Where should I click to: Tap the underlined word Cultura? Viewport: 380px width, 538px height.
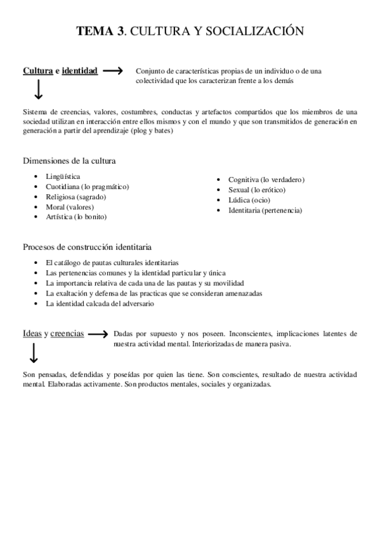click(x=37, y=71)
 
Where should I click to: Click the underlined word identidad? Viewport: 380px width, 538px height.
click(x=79, y=71)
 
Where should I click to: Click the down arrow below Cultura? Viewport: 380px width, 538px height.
click(x=38, y=90)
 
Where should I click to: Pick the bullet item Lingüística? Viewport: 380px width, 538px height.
click(x=63, y=176)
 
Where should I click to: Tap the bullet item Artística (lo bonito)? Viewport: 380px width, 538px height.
click(x=76, y=216)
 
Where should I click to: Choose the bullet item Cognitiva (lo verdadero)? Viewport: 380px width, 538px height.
click(x=266, y=180)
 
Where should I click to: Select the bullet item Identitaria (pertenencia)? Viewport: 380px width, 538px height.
click(x=265, y=210)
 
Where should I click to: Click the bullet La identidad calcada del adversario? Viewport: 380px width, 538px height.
click(x=100, y=303)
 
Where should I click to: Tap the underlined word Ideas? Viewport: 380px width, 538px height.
click(x=32, y=333)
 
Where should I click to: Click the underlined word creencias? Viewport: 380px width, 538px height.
click(x=67, y=333)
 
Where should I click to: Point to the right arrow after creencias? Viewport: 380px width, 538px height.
click(x=97, y=333)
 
